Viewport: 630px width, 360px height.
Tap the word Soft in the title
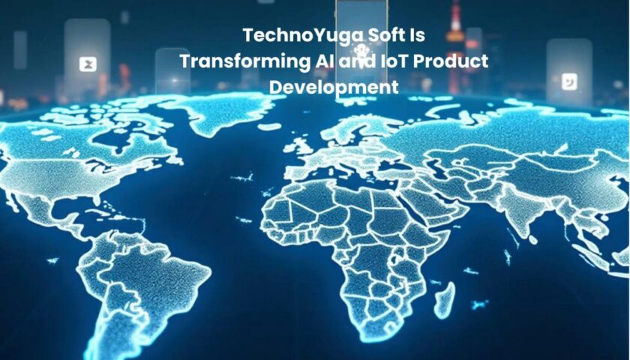tap(379, 35)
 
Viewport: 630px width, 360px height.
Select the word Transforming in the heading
tap(243, 62)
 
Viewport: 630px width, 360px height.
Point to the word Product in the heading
tap(451, 61)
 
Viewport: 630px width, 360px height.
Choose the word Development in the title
tap(334, 88)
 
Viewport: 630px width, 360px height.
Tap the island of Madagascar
tap(444, 299)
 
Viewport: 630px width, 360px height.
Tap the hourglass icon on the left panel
tap(88, 64)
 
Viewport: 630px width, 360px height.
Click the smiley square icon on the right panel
tap(569, 82)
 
